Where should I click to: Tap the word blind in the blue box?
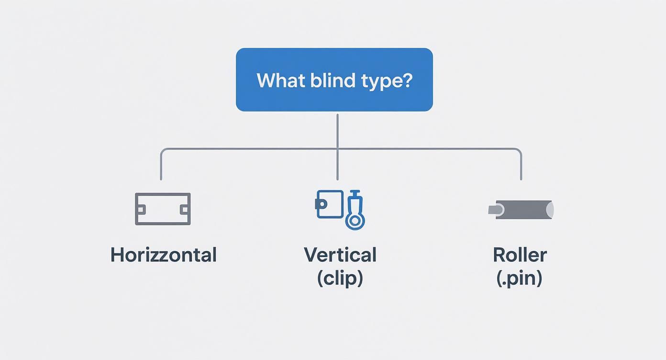click(x=325, y=80)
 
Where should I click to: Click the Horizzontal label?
click(x=163, y=255)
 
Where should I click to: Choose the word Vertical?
click(x=340, y=255)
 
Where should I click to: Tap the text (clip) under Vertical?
click(x=340, y=278)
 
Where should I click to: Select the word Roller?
click(x=520, y=255)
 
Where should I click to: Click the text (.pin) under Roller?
click(x=520, y=278)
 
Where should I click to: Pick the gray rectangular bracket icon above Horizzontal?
click(x=163, y=209)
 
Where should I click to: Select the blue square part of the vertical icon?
click(x=331, y=204)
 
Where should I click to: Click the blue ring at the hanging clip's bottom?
click(x=355, y=221)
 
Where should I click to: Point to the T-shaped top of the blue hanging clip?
click(x=355, y=193)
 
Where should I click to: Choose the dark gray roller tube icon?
click(x=522, y=210)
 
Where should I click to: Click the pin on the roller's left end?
click(x=495, y=210)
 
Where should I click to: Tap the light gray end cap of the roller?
click(x=550, y=210)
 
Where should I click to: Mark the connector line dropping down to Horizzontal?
click(x=161, y=165)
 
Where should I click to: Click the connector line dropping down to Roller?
click(x=521, y=165)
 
